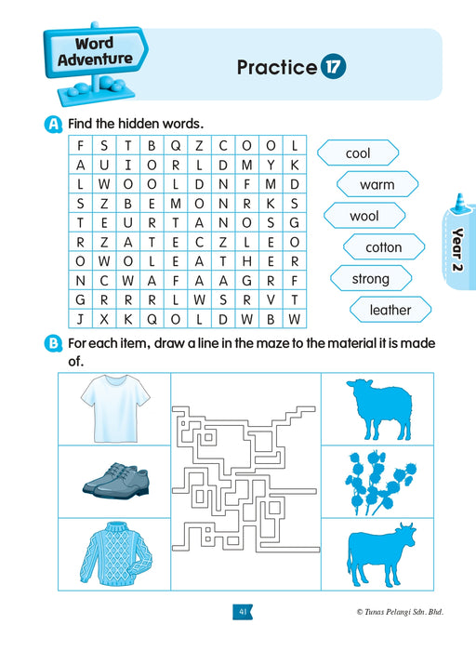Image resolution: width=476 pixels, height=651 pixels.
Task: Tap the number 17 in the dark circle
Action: point(333,67)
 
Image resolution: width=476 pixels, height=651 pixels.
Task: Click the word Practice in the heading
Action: point(277,67)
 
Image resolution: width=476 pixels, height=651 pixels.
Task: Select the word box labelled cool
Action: point(358,153)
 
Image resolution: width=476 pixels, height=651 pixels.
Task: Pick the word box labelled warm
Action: point(377,184)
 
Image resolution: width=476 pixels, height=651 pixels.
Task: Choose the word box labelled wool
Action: point(364,216)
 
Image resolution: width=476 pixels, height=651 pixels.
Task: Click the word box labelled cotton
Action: point(383,247)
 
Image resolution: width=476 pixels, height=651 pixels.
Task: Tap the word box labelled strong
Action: point(370,278)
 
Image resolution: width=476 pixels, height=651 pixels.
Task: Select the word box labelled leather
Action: point(390,310)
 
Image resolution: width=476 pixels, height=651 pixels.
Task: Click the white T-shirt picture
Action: point(113,408)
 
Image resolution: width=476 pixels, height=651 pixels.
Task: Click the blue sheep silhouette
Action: point(377,406)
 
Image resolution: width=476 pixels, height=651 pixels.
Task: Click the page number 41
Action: point(242,611)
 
